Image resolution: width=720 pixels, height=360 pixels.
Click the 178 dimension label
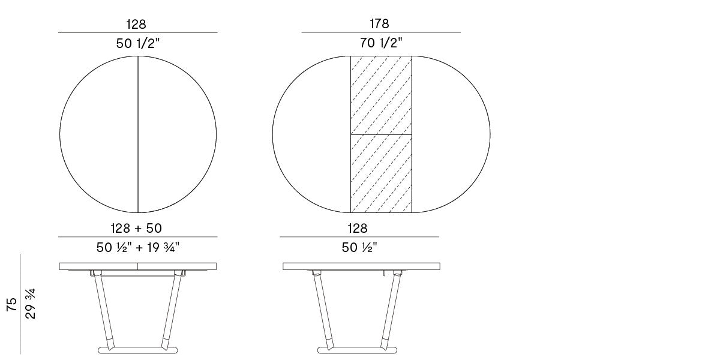pyautogui.click(x=380, y=23)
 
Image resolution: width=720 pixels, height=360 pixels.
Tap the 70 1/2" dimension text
pyautogui.click(x=381, y=43)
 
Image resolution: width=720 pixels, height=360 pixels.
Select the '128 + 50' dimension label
pyautogui.click(x=136, y=228)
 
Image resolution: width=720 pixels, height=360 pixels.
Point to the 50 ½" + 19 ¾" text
pyautogui.click(x=138, y=247)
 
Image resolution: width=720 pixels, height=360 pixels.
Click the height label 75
pyautogui.click(x=12, y=304)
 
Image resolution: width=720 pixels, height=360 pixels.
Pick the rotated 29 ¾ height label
pyautogui.click(x=31, y=304)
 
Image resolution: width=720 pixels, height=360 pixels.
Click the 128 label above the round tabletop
pyautogui.click(x=136, y=24)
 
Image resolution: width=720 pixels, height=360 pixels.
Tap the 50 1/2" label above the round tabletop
pyautogui.click(x=138, y=43)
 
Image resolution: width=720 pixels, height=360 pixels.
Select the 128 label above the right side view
pyautogui.click(x=358, y=228)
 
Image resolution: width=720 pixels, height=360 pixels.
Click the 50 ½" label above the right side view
pyautogui.click(x=359, y=247)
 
